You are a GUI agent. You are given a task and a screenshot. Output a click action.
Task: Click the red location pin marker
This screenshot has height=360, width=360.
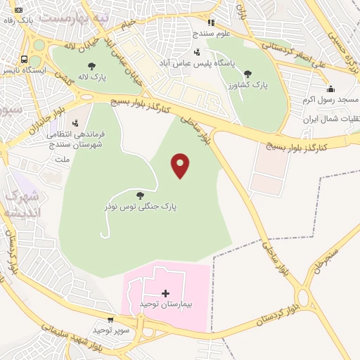[181, 165]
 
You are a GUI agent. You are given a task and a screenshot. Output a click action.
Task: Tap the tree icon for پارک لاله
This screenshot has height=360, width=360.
[91, 67]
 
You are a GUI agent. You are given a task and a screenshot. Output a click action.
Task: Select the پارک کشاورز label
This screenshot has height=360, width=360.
[247, 84]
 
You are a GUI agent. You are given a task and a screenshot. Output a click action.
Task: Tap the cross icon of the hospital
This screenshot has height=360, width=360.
[165, 292]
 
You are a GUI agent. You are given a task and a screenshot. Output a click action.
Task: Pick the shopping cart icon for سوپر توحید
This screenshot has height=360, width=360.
[110, 319]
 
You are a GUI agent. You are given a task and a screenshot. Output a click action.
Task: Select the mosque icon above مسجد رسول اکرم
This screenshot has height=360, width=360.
[330, 89]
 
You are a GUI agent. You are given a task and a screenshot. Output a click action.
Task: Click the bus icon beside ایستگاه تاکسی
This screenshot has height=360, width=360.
[25, 59]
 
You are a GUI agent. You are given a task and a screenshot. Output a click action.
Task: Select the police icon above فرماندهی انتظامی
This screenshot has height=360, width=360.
[75, 123]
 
